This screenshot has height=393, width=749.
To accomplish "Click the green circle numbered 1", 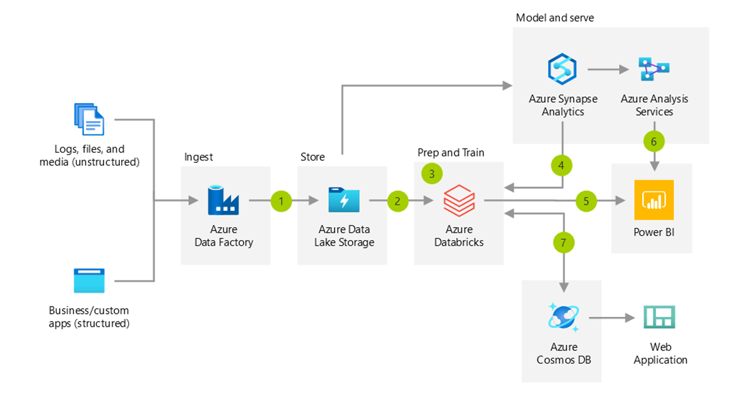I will coord(281,201).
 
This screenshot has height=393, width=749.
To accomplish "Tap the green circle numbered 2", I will coord(398,201).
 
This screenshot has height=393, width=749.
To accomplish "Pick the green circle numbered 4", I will coord(562,166).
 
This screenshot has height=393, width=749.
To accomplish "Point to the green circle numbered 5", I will coord(586,201).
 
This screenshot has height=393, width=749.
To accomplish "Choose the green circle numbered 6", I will coord(654,142).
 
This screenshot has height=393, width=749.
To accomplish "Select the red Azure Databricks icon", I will coord(459,201).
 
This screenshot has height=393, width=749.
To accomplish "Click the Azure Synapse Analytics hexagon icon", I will coord(562,69).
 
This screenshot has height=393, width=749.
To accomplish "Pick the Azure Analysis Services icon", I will coord(654,69).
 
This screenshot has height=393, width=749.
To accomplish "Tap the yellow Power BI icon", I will coord(654,200).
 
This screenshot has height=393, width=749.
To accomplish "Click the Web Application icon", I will coord(660,318).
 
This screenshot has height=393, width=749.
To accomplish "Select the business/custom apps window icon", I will coord(89,281).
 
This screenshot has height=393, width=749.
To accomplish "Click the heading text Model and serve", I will coord(555,18).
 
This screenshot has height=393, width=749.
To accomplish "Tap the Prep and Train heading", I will coord(451,153).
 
